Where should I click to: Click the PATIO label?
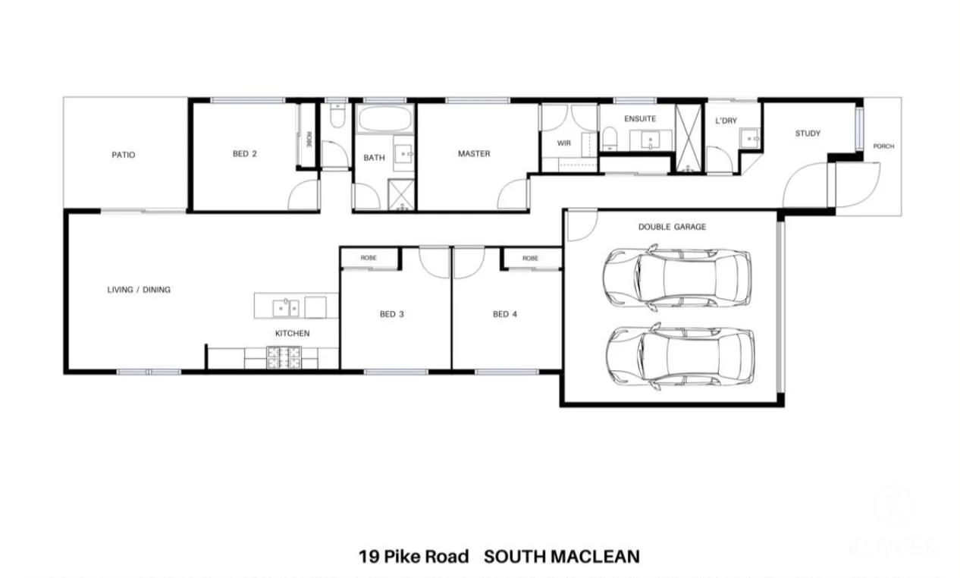click(123, 155)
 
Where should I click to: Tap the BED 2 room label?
click(244, 154)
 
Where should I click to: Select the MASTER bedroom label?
click(474, 154)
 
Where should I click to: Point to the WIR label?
click(563, 142)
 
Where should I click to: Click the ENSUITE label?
click(639, 119)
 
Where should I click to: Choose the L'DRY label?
click(726, 121)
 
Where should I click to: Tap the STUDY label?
click(808, 134)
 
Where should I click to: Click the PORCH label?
click(883, 146)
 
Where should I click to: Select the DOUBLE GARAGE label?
click(672, 227)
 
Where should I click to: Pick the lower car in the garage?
click(679, 357)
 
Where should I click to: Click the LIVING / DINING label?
click(139, 290)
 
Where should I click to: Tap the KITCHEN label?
click(292, 333)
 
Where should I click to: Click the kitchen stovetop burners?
click(284, 357)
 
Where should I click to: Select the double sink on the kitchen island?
click(287, 307)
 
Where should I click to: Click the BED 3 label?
click(391, 314)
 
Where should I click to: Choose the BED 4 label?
click(505, 314)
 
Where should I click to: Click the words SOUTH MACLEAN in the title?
click(561, 557)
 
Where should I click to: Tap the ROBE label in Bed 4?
click(530, 259)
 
